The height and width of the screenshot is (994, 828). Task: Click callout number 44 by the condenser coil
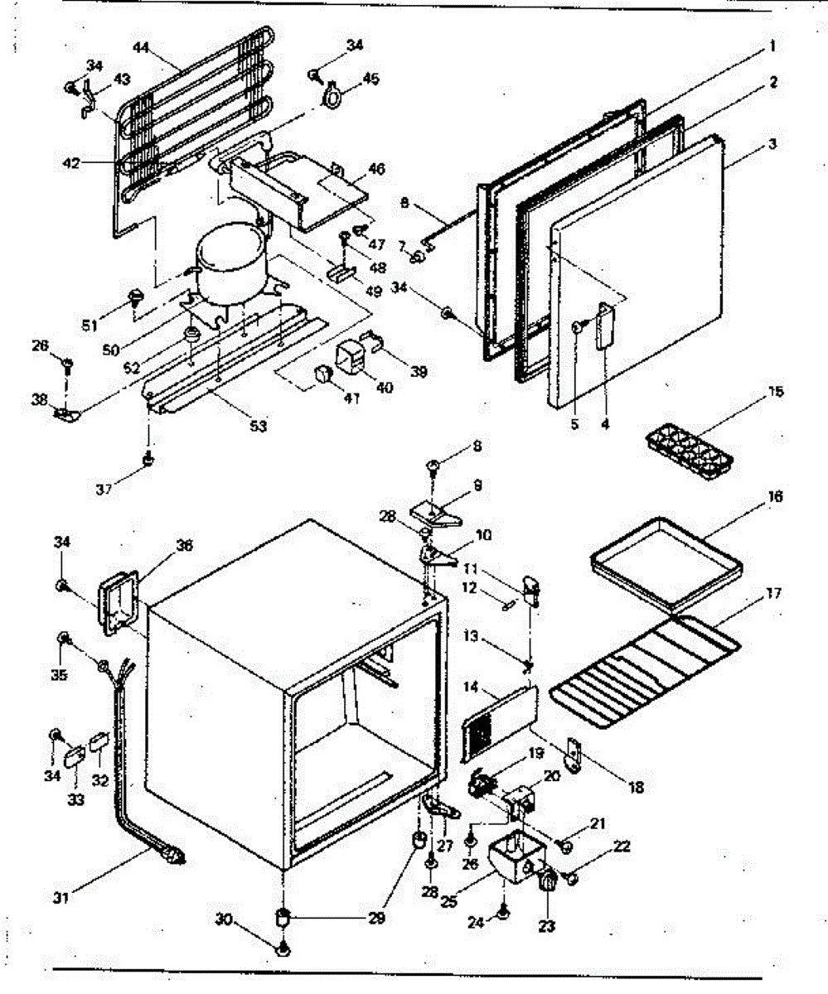tap(142, 48)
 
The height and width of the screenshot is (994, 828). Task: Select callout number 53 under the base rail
tap(259, 426)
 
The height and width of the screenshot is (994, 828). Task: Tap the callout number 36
tap(183, 546)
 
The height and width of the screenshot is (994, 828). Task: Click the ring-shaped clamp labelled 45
tap(332, 97)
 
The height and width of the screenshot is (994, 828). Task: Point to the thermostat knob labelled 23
tap(547, 884)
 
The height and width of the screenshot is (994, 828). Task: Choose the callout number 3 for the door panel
tap(772, 144)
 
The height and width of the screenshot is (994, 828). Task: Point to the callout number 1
tap(772, 47)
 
